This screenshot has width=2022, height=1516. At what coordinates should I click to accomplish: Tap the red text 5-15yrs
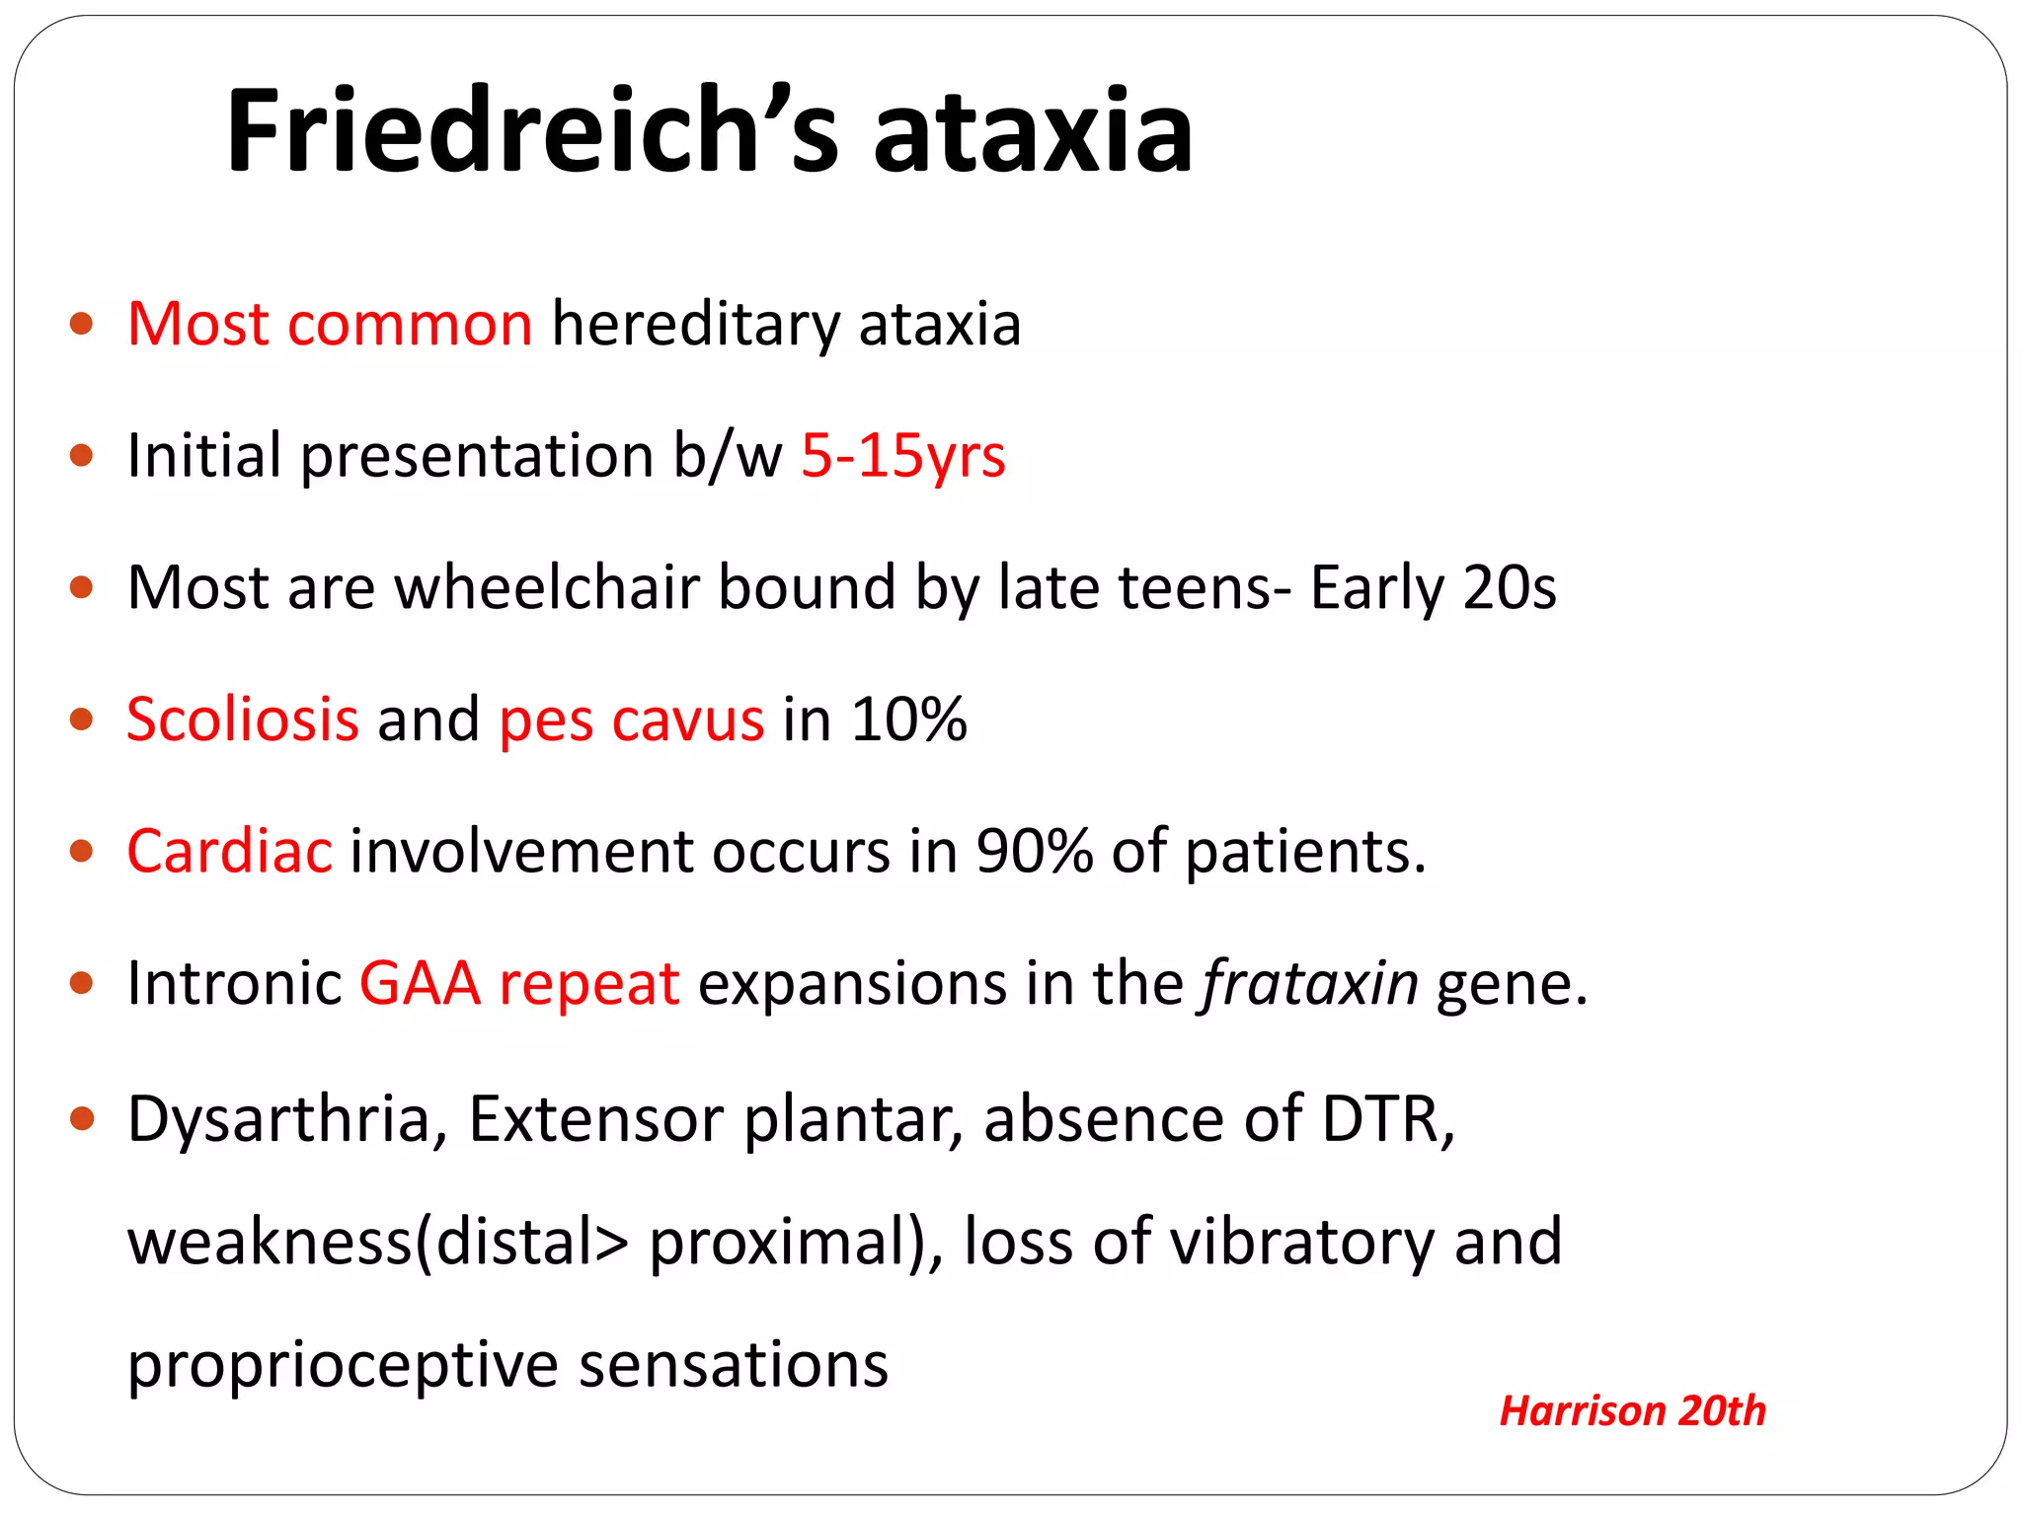pos(902,456)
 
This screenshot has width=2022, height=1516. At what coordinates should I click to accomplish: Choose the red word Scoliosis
pos(243,719)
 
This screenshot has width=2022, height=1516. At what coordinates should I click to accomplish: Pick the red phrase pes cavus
pos(632,720)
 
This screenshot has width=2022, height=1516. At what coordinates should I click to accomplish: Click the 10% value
pos(908,719)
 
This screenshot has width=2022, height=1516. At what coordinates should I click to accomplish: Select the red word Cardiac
pos(229,851)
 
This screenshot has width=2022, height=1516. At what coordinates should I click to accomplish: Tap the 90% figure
pos(1034,851)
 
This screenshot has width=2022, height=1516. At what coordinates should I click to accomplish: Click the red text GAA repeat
pos(519,983)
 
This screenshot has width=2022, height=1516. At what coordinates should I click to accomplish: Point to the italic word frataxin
pos(1309,983)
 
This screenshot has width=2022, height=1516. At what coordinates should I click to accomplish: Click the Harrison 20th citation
pos(1632,1410)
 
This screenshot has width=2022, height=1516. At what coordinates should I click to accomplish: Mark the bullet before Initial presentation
pos(82,456)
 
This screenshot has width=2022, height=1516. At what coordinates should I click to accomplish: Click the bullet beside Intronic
pos(82,983)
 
